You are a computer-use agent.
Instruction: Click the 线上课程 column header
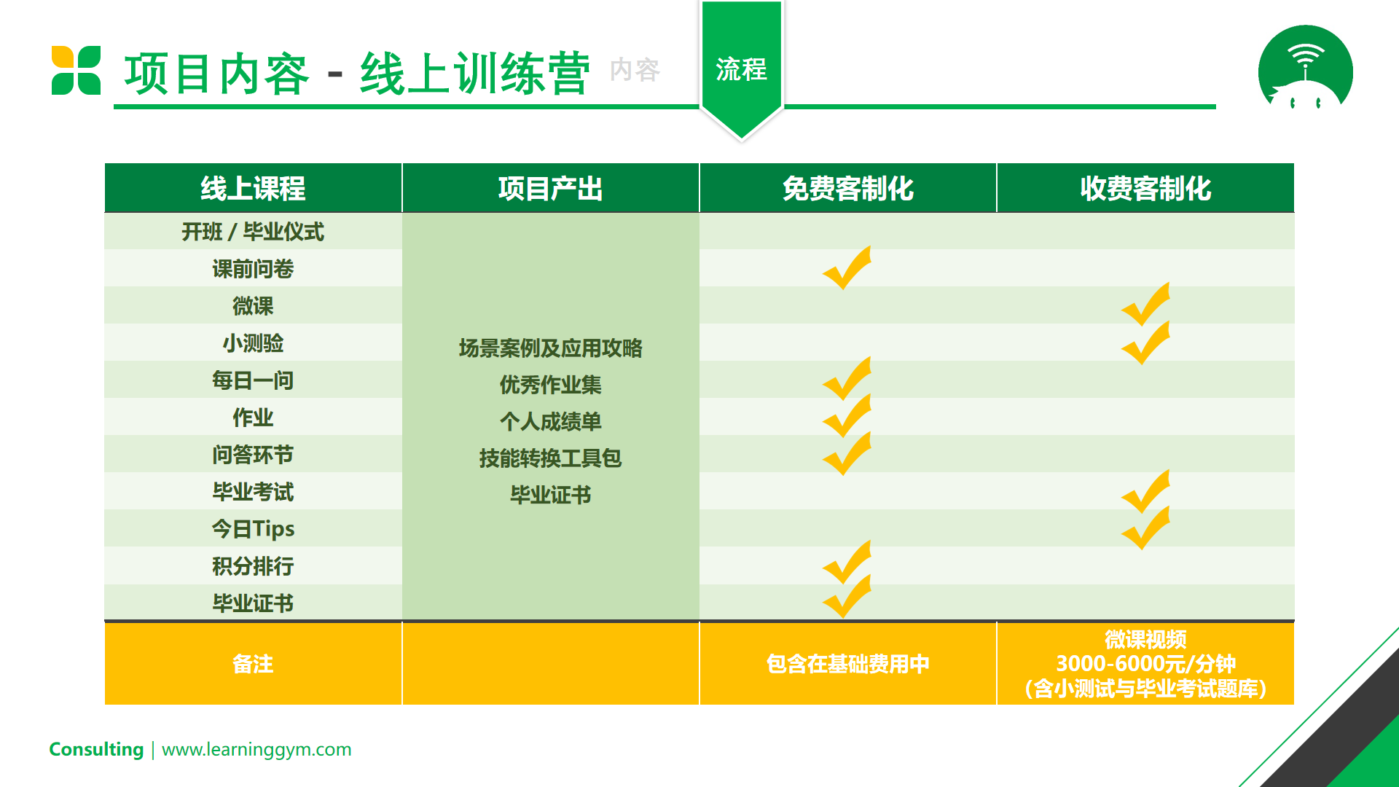click(253, 189)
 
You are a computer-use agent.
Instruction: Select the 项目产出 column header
click(550, 189)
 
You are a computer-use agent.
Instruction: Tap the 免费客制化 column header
click(847, 189)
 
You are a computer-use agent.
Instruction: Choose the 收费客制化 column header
click(1145, 189)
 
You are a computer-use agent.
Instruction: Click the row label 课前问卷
click(253, 269)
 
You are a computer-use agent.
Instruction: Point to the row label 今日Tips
click(253, 529)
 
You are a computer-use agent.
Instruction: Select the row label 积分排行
click(253, 566)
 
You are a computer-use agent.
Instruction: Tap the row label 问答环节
click(253, 455)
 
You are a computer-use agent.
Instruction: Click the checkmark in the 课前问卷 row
click(847, 268)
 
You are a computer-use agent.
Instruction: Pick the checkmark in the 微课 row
click(1145, 305)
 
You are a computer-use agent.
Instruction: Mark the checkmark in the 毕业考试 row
click(1145, 492)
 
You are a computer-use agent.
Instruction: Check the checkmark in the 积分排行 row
click(847, 563)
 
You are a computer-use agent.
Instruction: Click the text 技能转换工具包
click(550, 458)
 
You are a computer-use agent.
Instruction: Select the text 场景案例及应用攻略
click(550, 348)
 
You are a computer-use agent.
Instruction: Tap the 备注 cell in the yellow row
click(253, 664)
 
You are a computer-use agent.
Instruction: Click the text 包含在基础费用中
click(847, 664)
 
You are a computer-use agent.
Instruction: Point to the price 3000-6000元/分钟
click(1145, 664)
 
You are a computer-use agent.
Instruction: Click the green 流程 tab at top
click(741, 69)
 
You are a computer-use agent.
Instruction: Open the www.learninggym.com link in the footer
click(256, 749)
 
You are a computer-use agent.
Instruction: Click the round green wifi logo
click(1305, 68)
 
